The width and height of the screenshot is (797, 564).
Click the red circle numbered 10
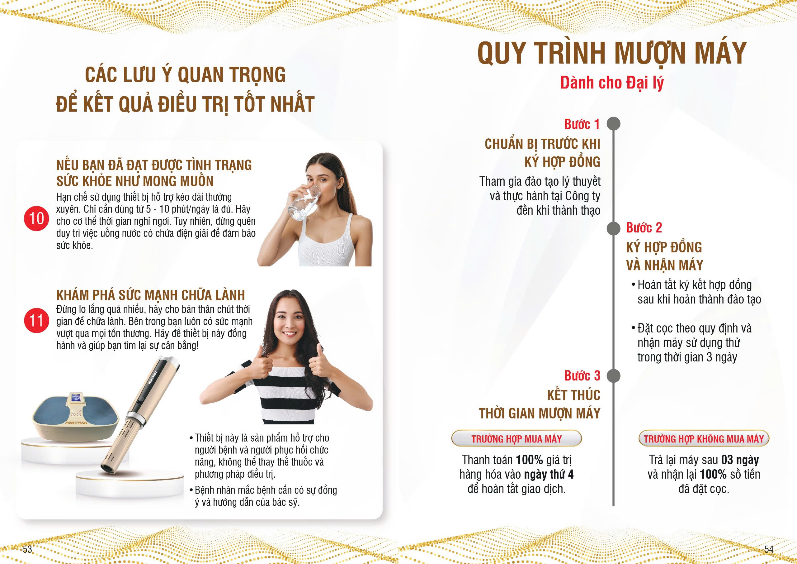tap(36, 218)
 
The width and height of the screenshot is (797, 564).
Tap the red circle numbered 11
tap(36, 320)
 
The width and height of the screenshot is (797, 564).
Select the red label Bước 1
tap(582, 124)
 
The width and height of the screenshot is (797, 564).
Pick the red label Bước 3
tap(582, 376)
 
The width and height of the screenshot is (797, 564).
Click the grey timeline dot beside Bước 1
tap(613, 124)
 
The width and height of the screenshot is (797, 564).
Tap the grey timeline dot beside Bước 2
tap(613, 228)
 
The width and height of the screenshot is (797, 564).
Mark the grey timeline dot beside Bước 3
tap(613, 376)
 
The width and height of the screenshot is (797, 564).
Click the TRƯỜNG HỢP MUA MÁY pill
tap(516, 438)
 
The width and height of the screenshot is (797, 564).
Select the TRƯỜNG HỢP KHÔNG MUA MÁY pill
tap(704, 438)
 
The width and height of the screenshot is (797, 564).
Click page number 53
tap(27, 549)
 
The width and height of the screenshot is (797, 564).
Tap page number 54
tap(769, 549)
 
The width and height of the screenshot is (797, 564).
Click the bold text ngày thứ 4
tap(549, 474)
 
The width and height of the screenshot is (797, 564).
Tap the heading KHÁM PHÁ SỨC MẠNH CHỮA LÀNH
tap(151, 295)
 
